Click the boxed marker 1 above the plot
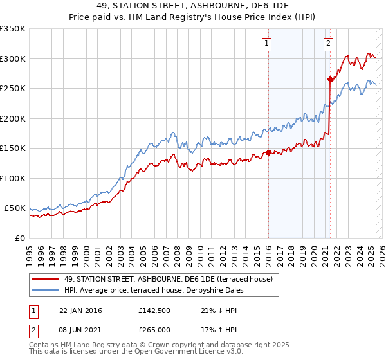coord(266,44)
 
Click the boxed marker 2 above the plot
coord(328,44)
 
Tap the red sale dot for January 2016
coord(268,153)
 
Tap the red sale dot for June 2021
coord(330,79)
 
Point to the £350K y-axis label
coord(13,29)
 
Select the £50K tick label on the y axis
coord(15,208)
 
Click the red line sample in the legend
coord(45,279)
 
